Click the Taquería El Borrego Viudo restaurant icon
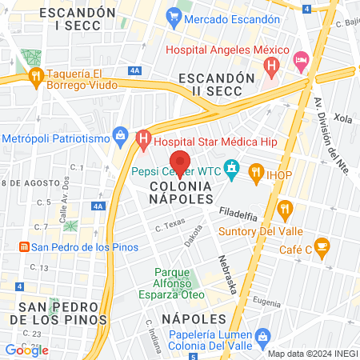pos(35,76)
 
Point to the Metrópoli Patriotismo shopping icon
pos(121,134)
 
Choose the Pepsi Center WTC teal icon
pos(232,169)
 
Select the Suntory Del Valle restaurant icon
pos(284,210)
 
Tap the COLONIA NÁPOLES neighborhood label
pos(181,193)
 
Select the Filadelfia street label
pos(238,214)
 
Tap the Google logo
pos(27,350)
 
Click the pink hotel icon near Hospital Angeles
pos(301,60)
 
